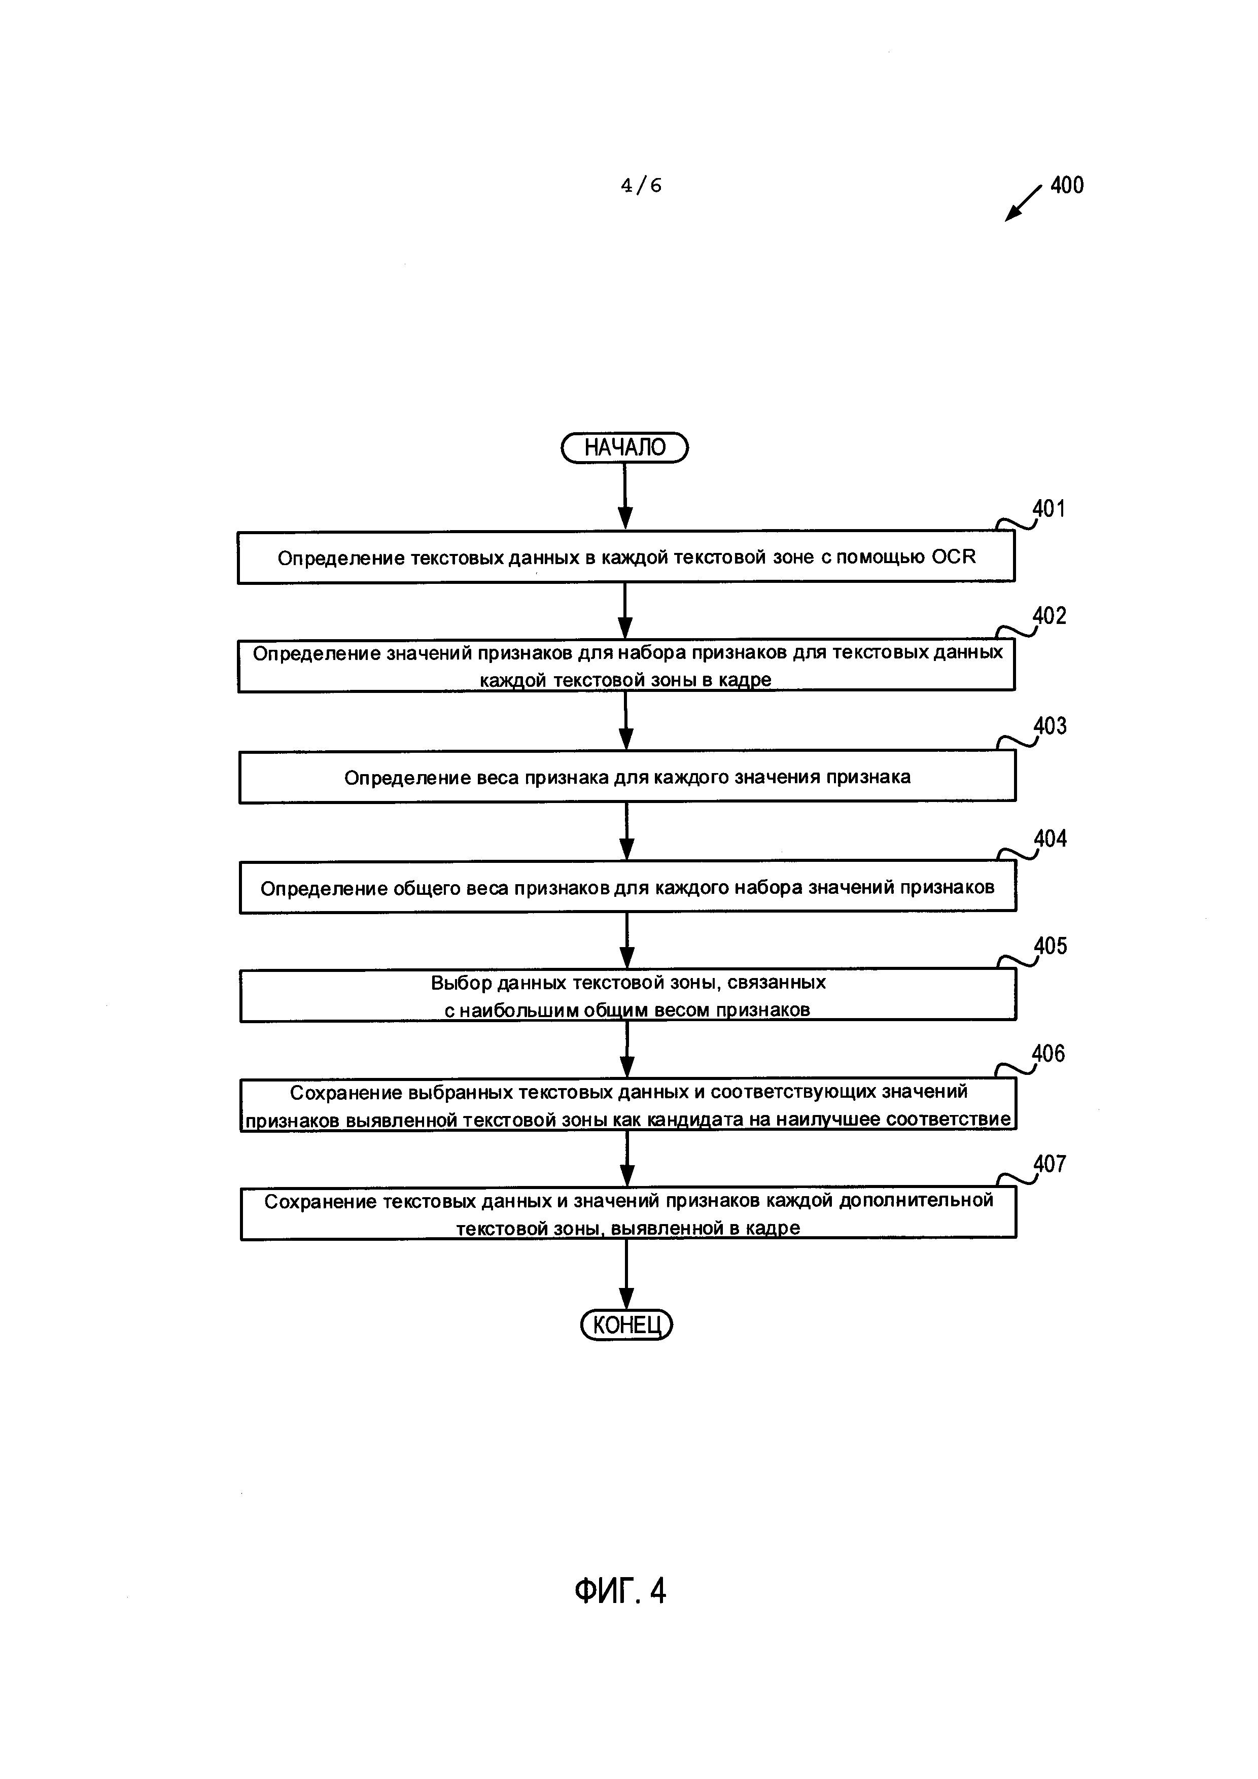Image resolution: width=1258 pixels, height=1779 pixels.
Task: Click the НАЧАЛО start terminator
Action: coord(624,448)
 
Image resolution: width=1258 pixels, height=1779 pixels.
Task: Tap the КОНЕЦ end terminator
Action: coord(626,1325)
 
